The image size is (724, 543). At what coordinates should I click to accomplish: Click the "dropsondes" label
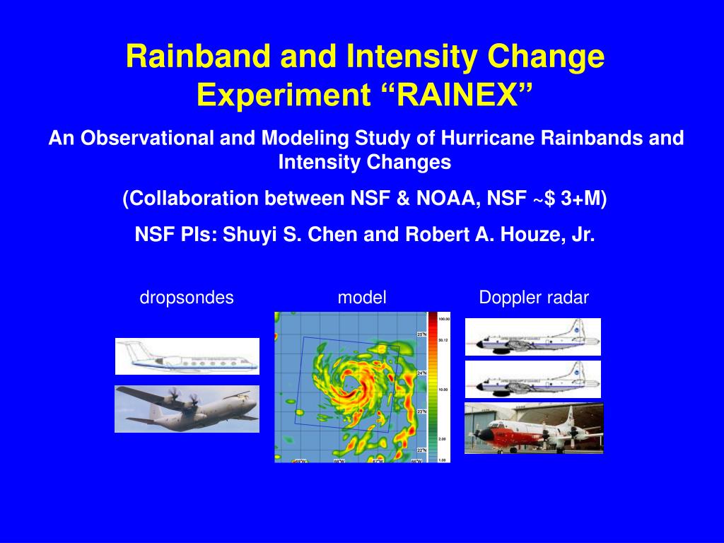tap(187, 298)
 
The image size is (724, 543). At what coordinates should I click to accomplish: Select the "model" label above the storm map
tap(362, 298)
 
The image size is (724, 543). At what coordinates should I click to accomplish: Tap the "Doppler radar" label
tap(534, 298)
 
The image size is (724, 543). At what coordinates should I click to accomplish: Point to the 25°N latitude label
tap(421, 334)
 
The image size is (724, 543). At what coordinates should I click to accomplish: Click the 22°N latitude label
tap(421, 450)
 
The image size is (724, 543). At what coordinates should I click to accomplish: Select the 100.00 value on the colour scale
tap(444, 319)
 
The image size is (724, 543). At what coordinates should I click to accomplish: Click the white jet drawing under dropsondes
tap(187, 356)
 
